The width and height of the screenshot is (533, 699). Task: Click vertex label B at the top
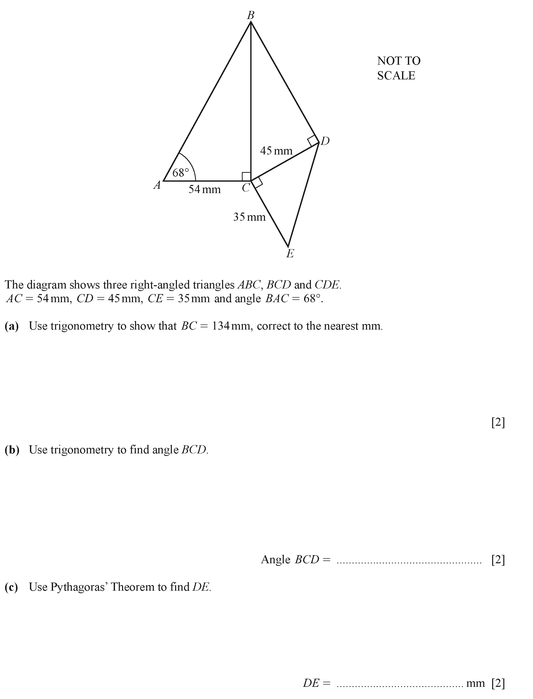[x=251, y=15]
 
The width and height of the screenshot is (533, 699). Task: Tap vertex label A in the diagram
[x=157, y=185]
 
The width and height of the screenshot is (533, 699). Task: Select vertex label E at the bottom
[x=290, y=253]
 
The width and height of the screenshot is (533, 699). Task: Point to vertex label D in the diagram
[x=325, y=141]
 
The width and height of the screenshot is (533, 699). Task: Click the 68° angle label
[x=180, y=173]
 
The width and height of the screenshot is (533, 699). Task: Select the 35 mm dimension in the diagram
[x=249, y=217]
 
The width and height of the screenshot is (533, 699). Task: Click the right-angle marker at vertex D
[x=313, y=140]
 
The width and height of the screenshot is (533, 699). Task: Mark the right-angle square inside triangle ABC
[x=246, y=177]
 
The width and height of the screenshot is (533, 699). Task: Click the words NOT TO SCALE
[x=398, y=68]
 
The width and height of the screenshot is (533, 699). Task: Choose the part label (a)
[x=12, y=326]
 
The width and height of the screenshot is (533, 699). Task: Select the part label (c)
[x=11, y=587]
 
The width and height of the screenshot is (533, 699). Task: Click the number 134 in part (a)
[x=221, y=326]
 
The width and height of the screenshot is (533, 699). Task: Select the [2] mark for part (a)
[x=498, y=422]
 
